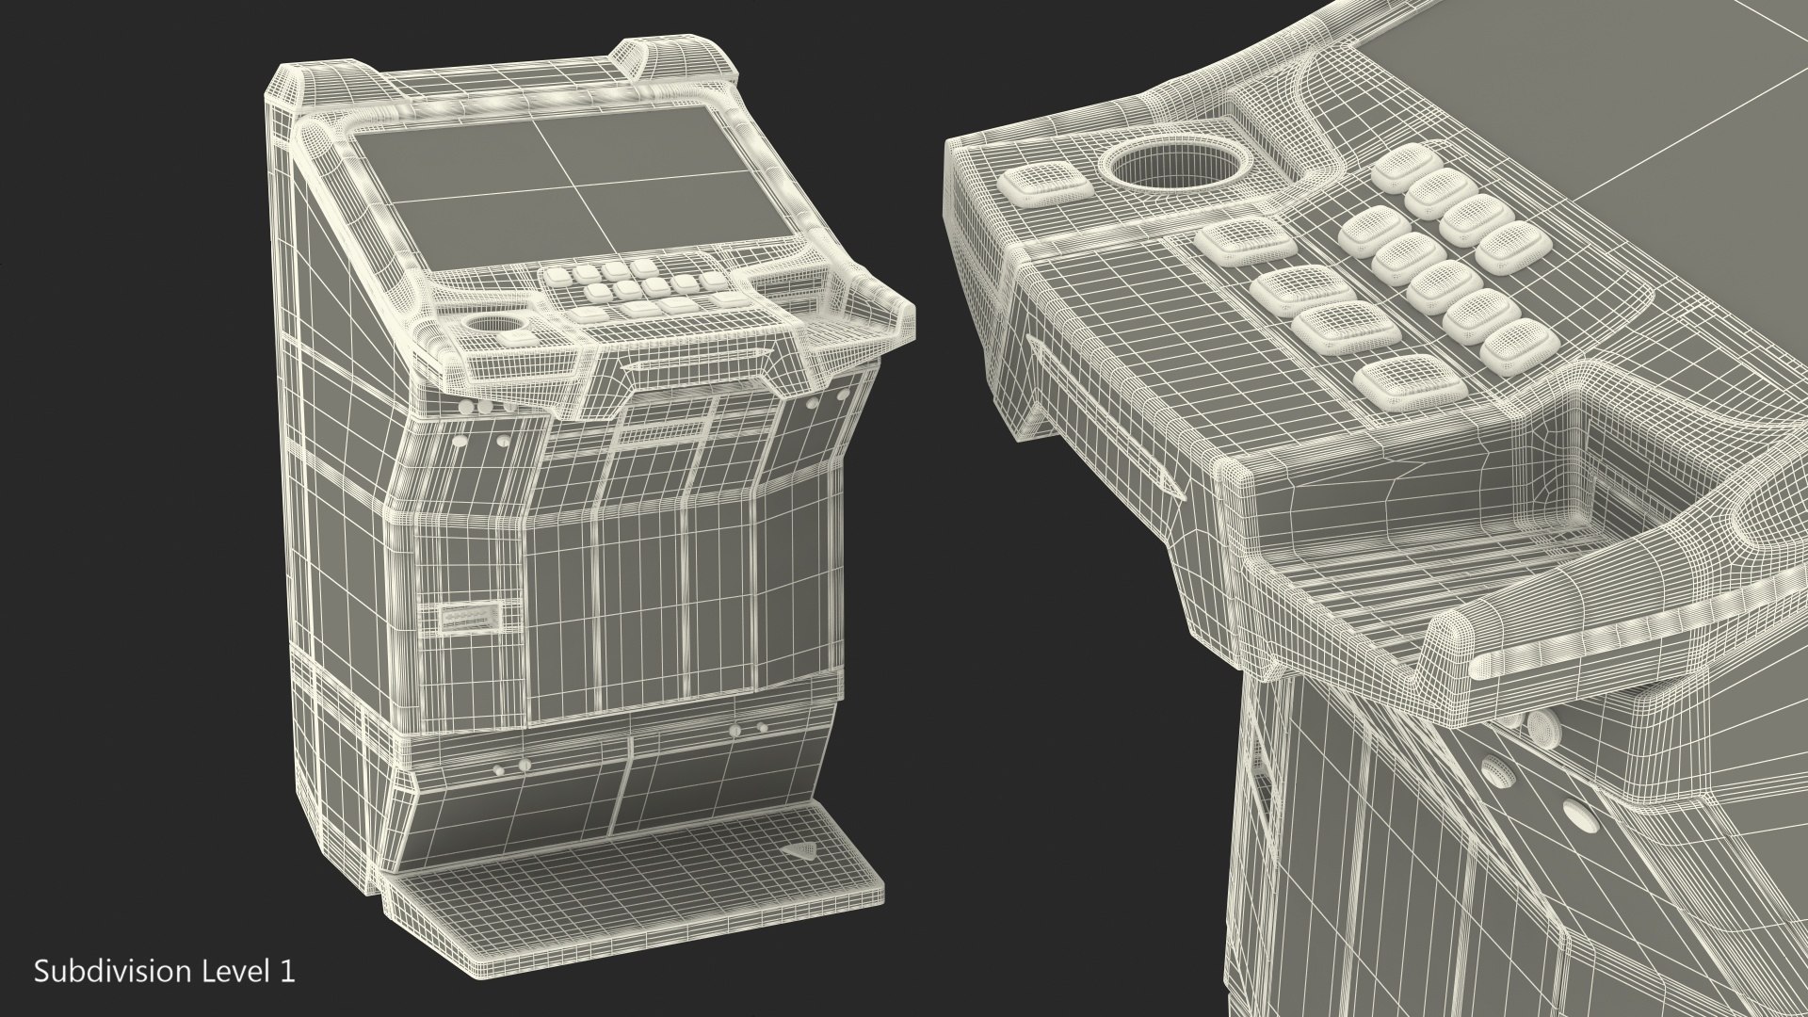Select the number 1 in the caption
point(287,971)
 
